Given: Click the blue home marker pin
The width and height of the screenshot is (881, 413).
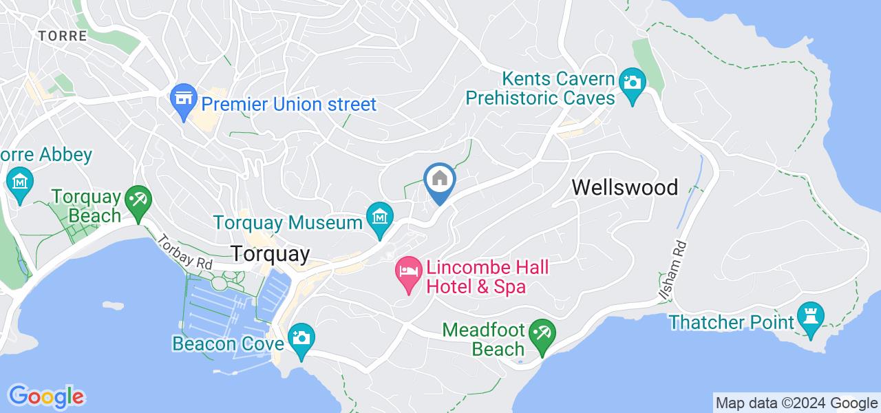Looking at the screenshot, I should (439, 180).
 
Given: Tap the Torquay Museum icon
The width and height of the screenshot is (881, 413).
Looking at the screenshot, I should (379, 215).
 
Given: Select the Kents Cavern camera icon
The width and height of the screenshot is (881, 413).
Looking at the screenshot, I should (630, 83).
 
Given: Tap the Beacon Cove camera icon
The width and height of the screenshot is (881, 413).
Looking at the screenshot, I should (301, 338).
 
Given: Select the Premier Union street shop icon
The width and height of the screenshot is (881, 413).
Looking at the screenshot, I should (184, 101).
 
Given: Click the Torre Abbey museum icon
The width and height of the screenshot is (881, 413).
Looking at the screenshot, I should (19, 182).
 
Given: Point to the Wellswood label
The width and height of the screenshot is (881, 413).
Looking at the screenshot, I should (625, 187).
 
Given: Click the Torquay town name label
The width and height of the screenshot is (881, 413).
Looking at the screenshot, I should (270, 253).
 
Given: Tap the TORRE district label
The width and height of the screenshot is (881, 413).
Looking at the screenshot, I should (63, 36).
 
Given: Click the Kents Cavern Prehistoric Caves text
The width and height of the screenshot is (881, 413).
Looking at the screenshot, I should (540, 87).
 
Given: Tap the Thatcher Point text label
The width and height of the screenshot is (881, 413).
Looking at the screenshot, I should (731, 321).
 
